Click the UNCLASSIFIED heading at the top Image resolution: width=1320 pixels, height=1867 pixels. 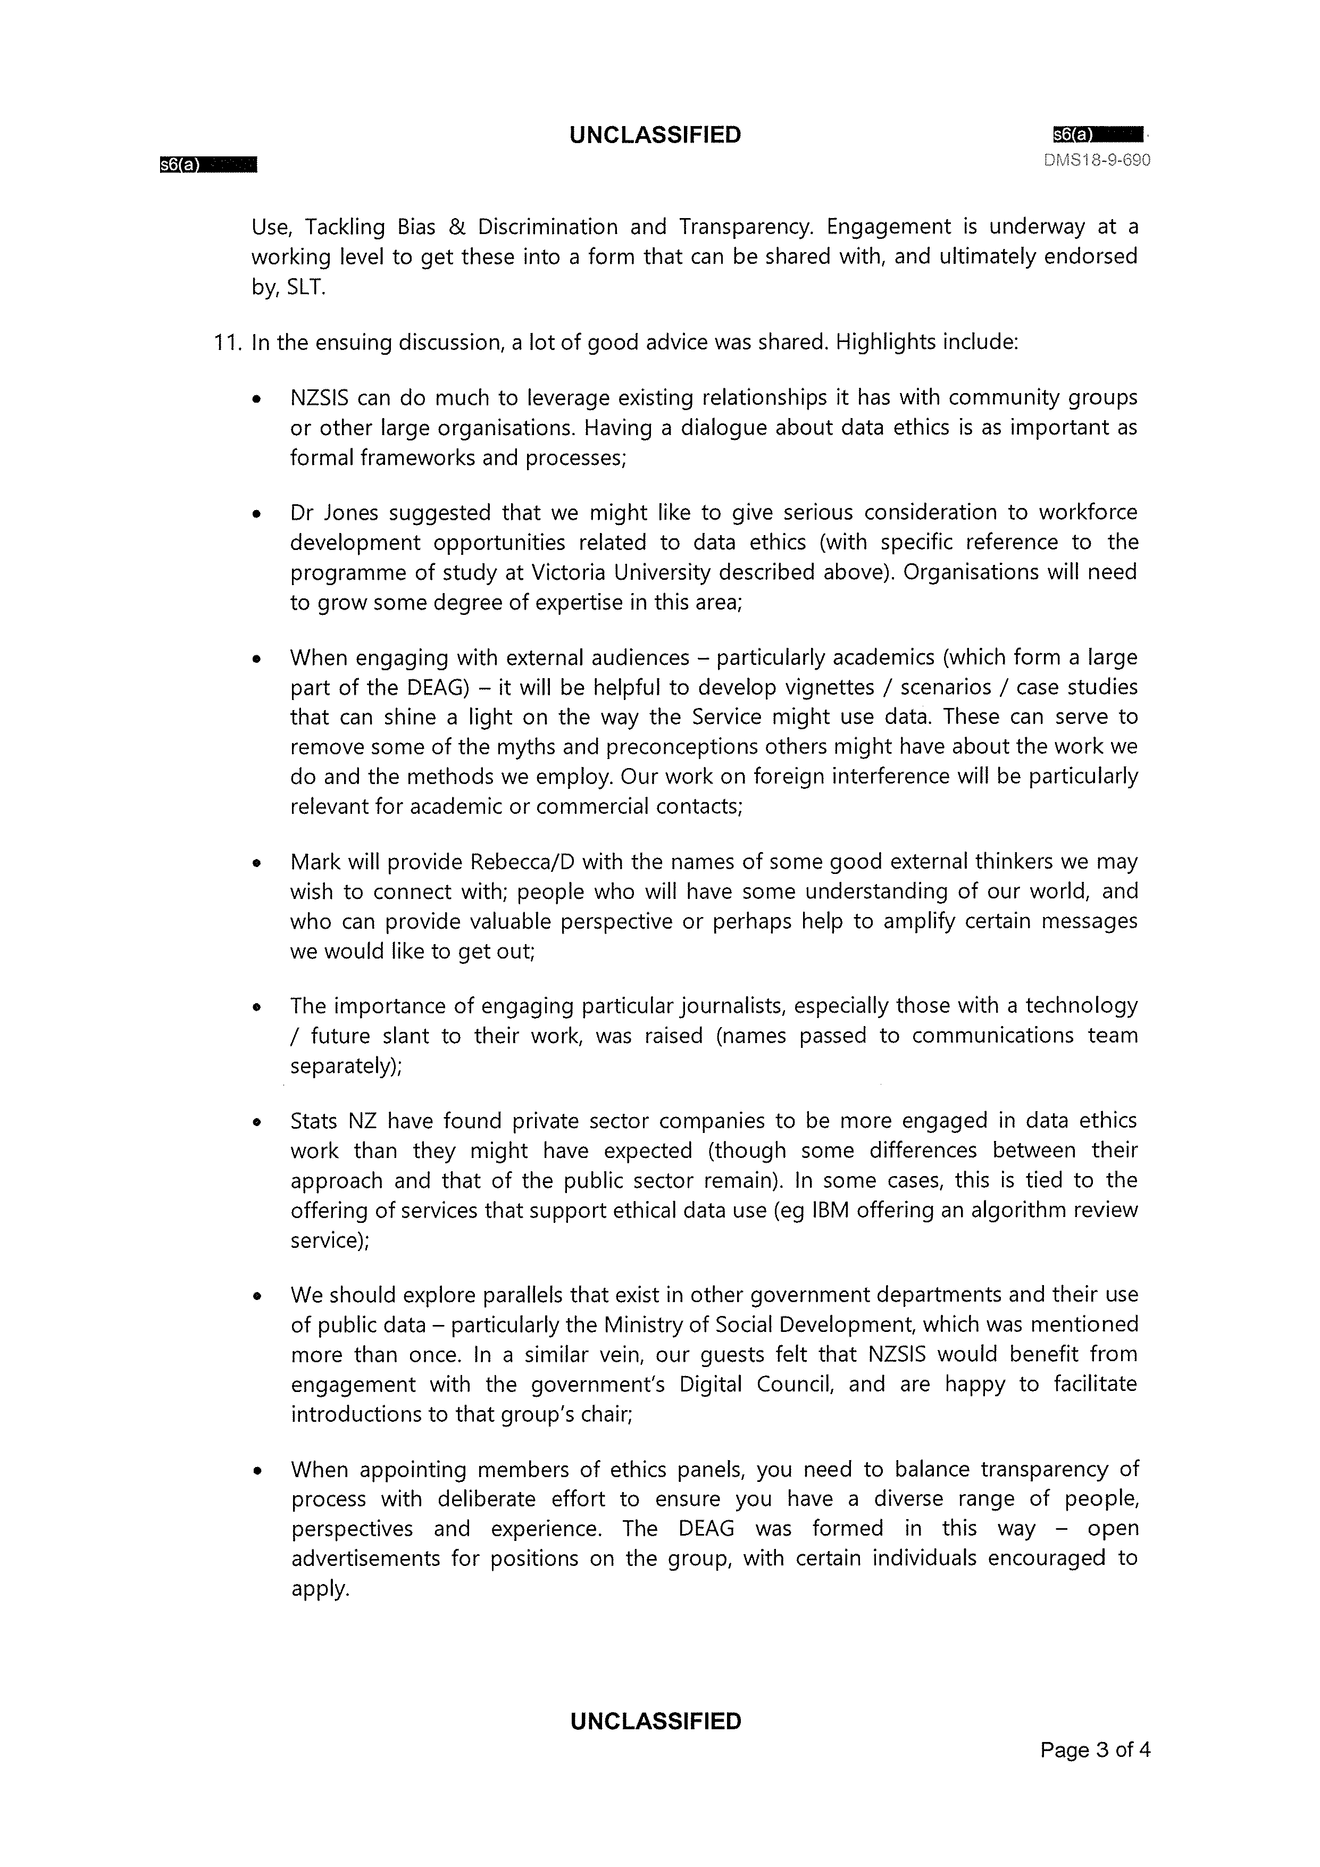tap(655, 135)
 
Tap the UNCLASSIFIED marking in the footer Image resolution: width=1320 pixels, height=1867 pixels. tap(655, 1721)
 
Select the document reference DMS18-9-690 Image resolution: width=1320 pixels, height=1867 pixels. tap(1097, 160)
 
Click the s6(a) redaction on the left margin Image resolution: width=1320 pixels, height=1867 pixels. tap(208, 165)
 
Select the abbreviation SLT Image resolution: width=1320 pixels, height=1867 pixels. tap(305, 288)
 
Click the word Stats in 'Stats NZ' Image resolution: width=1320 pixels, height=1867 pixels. tap(313, 1121)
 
